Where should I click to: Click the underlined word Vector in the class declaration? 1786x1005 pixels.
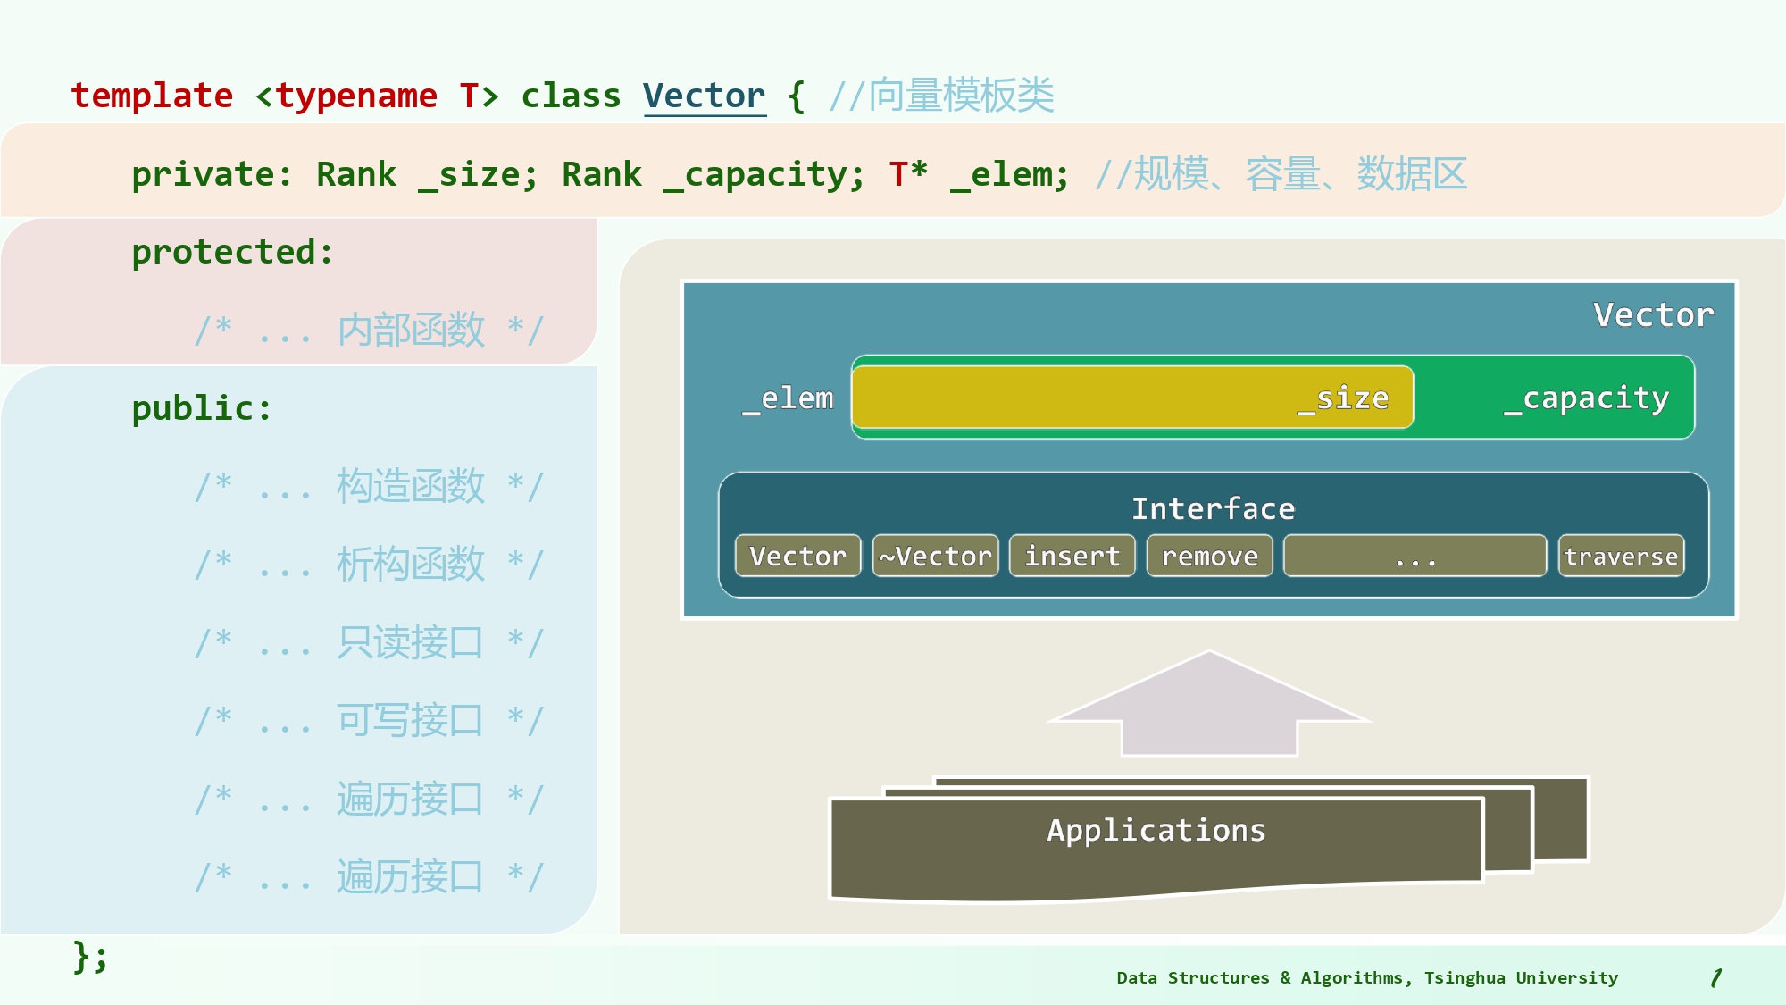[704, 96]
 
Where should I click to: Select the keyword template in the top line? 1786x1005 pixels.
[152, 96]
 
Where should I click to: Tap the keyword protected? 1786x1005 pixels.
[232, 252]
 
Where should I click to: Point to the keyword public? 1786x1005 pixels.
[202, 408]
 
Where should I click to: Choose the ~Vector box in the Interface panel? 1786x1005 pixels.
[935, 556]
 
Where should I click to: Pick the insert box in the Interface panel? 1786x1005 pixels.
[1072, 556]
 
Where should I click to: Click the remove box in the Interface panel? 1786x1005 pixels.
[1209, 556]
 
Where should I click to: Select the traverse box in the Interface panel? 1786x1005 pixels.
[1621, 556]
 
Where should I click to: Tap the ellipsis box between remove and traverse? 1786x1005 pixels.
[1415, 556]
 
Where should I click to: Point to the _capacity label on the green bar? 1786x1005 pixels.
[1586, 398]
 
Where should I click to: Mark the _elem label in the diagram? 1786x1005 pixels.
[788, 398]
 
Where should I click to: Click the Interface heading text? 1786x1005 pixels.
[1213, 508]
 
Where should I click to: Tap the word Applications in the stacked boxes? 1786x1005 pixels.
[1156, 830]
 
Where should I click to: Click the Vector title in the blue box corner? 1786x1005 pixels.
[1653, 314]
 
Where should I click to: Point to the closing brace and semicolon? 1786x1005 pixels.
[90, 957]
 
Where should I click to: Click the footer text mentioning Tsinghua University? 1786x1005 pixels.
[1366, 977]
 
